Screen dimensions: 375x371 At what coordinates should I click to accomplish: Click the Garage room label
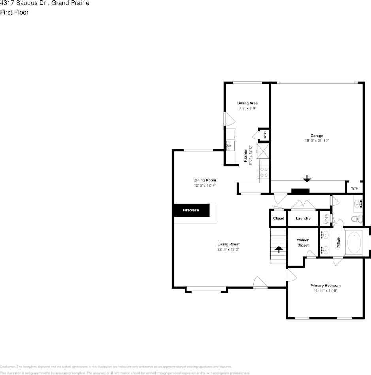316,136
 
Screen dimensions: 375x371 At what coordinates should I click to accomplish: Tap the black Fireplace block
191,210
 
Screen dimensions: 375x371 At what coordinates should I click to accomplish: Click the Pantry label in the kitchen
264,135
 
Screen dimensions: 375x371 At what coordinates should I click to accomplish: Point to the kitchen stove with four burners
264,172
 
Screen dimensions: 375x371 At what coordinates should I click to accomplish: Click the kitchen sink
230,146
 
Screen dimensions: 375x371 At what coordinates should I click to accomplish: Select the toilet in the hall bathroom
356,218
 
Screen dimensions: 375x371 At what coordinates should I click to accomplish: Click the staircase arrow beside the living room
279,249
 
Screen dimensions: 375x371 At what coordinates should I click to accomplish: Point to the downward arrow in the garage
306,179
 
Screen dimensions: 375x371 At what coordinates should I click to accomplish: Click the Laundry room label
303,218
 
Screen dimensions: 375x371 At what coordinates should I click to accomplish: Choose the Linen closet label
326,218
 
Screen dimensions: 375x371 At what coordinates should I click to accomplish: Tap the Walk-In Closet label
303,243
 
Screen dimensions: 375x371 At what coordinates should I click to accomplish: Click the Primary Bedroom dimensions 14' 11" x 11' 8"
325,291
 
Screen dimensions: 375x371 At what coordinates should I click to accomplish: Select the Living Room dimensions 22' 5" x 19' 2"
228,249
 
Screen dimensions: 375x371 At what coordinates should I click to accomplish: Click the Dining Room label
205,180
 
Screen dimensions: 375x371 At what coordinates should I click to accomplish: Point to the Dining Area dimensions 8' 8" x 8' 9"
247,108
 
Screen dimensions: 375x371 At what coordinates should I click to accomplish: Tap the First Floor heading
14,12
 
